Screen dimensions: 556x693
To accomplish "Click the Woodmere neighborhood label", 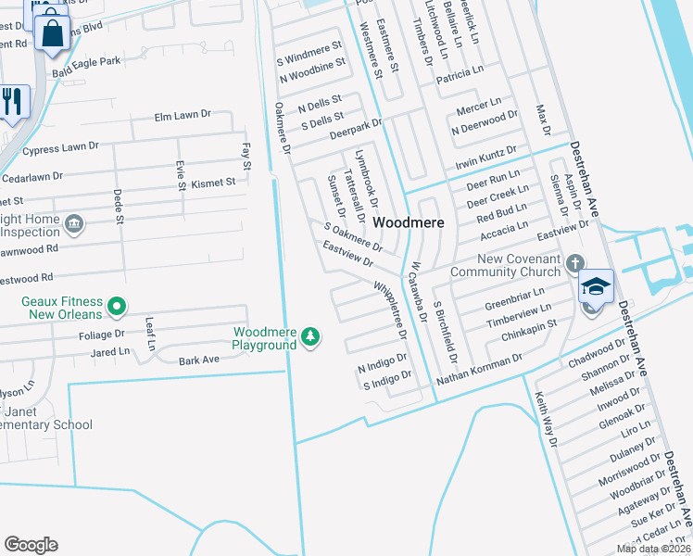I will pyautogui.click(x=409, y=223).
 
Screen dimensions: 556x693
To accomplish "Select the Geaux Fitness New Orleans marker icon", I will pyautogui.click(x=117, y=305).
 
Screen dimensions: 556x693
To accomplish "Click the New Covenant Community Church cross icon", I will pyautogui.click(x=577, y=263).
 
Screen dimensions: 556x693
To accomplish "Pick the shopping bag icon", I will pyautogui.click(x=54, y=33).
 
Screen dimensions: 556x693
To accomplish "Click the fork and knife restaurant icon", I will pyautogui.click(x=12, y=101).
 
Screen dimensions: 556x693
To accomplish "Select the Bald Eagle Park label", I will pyautogui.click(x=87, y=61).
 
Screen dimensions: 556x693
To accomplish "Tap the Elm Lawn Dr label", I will pyautogui.click(x=183, y=115).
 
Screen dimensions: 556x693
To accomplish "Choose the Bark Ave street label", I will pyautogui.click(x=198, y=359).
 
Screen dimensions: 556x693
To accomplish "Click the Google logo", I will pyautogui.click(x=31, y=544).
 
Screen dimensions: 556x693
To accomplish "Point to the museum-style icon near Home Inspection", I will pyautogui.click(x=75, y=222).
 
